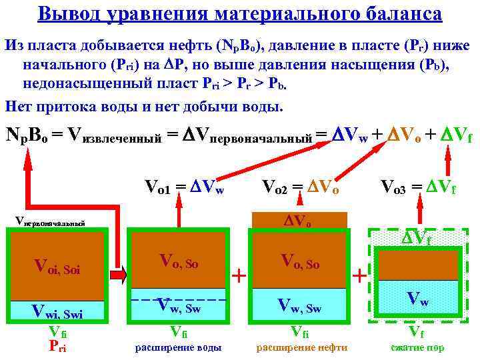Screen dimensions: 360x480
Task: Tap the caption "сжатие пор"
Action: pos(417,348)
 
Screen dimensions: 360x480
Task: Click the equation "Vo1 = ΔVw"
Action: pos(184,188)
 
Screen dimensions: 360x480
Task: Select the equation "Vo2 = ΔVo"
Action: pos(301,188)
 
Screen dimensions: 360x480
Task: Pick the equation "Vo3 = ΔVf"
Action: pos(418,188)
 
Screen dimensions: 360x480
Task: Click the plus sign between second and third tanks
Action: pos(238,274)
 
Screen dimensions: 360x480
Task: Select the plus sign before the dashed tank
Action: pos(359,274)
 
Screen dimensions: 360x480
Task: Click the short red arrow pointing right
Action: pos(117,274)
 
